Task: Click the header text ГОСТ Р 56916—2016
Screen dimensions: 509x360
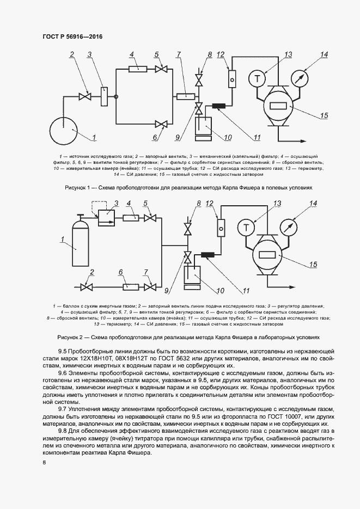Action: [72, 36]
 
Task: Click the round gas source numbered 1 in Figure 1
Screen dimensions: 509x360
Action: [64, 131]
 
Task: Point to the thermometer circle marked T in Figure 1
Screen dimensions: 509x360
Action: [257, 78]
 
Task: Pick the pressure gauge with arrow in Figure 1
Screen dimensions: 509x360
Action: [298, 78]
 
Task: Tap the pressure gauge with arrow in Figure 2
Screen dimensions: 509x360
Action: [290, 225]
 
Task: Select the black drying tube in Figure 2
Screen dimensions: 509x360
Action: [209, 254]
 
